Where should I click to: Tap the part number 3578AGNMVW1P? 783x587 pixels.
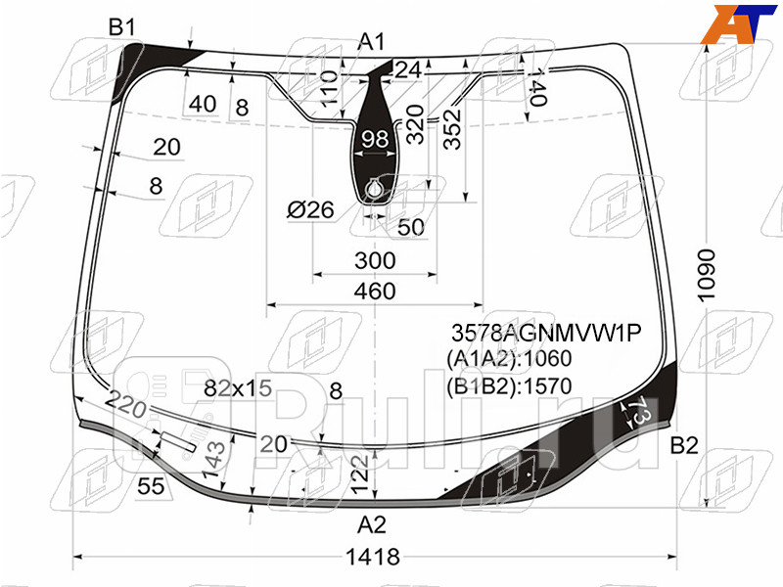point(545,335)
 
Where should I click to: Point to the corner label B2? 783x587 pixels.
point(684,446)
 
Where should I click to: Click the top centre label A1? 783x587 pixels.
point(371,41)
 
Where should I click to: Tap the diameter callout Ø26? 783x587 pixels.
point(310,209)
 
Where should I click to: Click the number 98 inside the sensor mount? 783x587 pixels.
point(376,140)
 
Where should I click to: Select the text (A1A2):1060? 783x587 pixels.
point(508,359)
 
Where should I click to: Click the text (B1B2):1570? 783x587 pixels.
point(508,385)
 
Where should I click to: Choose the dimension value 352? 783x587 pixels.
point(452,128)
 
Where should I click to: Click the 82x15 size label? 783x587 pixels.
point(237,388)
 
